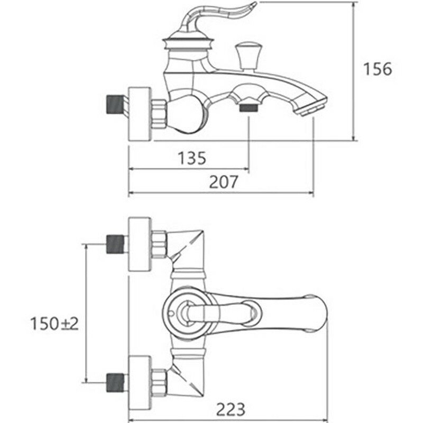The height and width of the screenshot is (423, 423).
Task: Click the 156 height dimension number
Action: [378, 69]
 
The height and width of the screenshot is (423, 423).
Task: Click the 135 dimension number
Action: [191, 158]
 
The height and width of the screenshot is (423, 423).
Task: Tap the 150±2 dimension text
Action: [54, 323]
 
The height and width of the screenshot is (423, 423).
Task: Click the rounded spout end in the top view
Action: [317, 312]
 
